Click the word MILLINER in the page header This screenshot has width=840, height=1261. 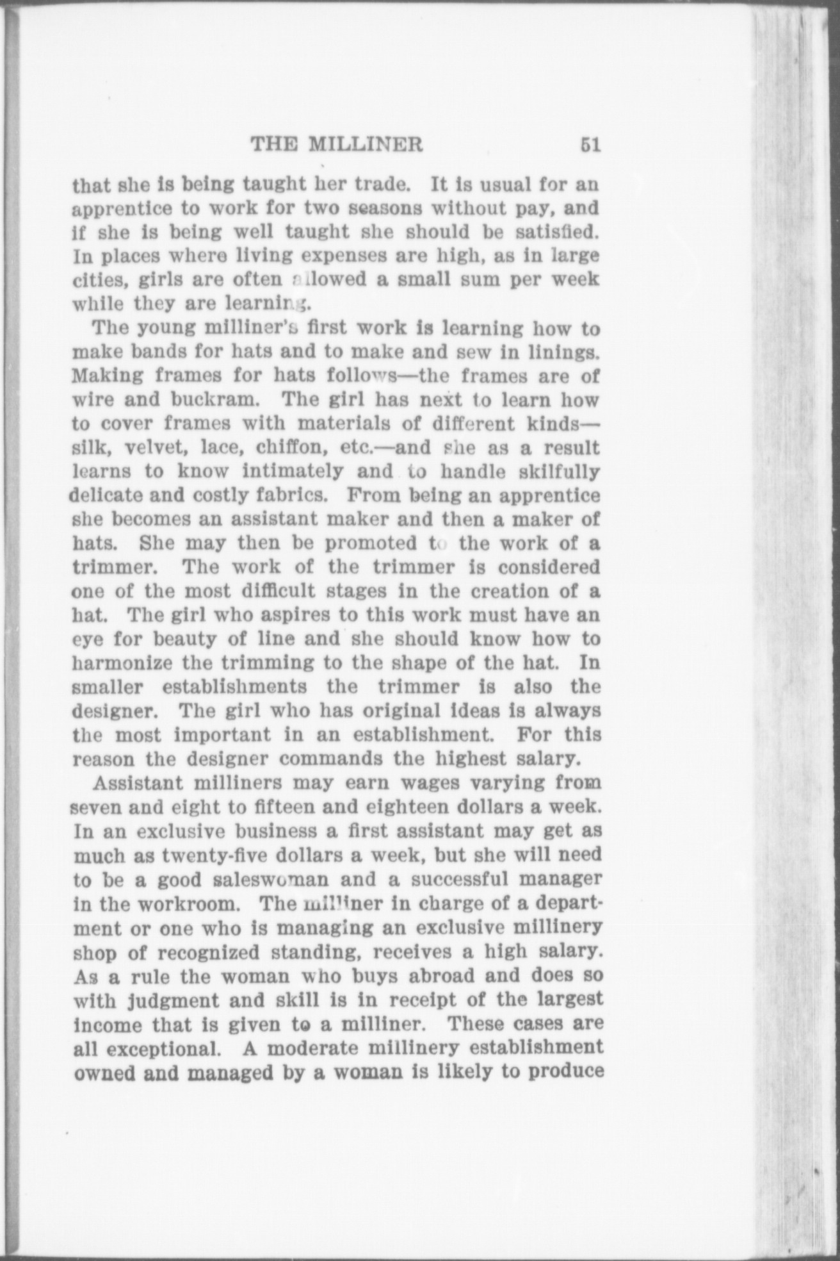point(366,145)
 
